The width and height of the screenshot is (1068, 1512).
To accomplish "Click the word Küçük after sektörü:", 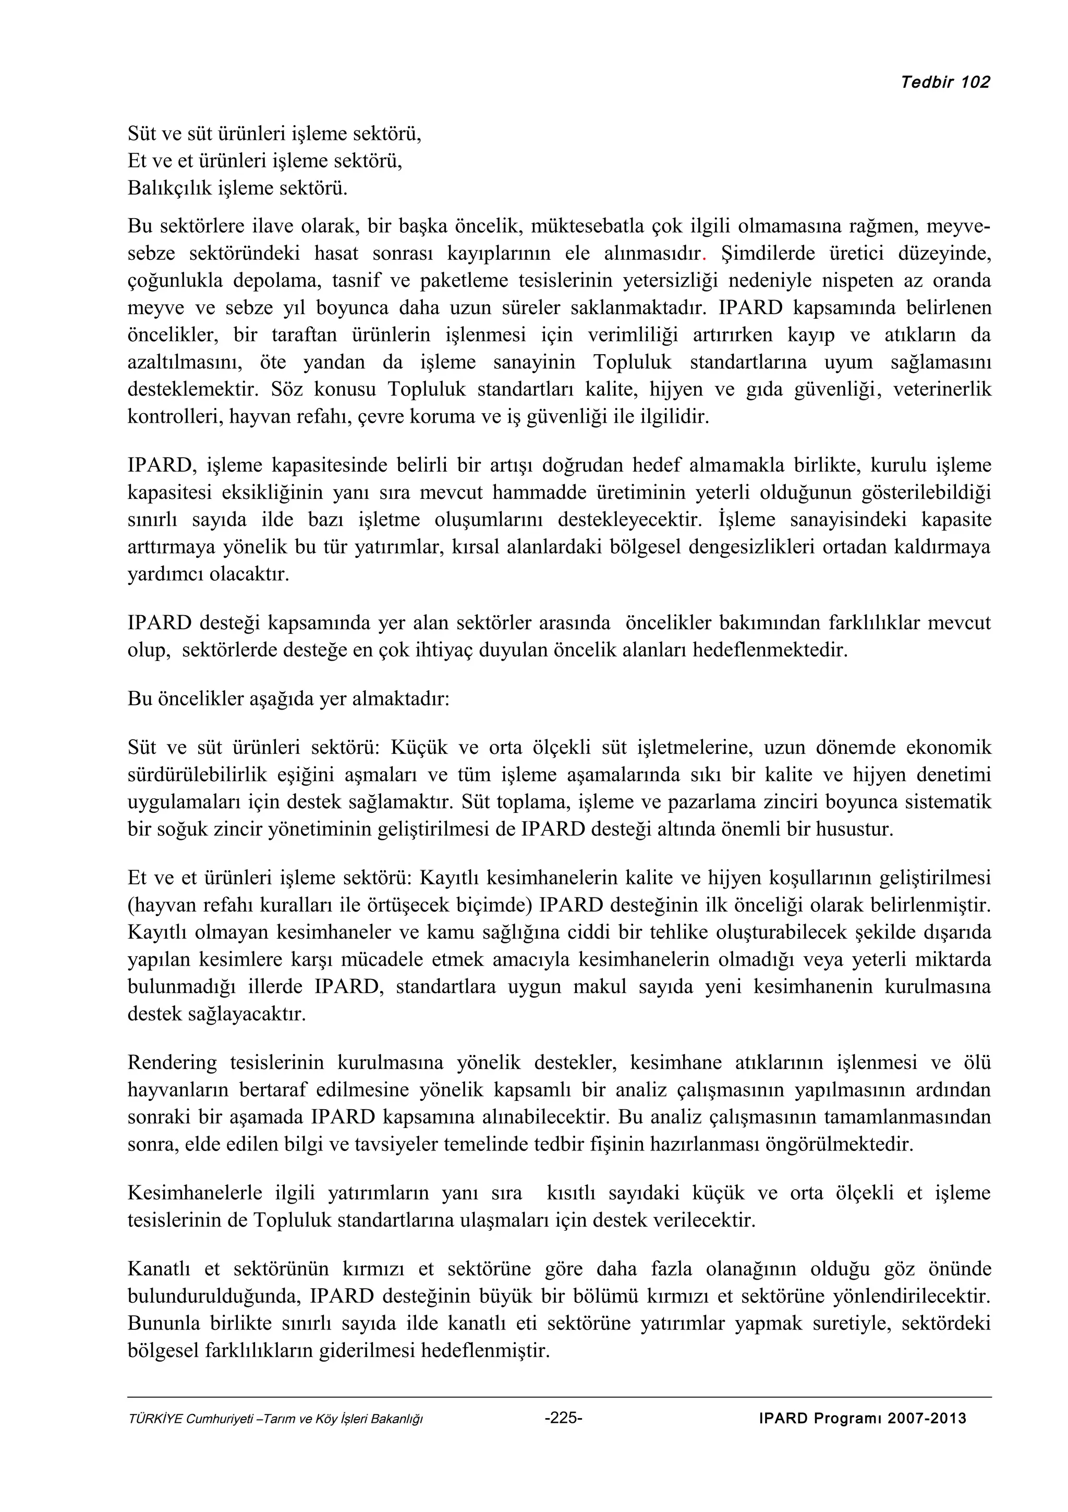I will click(x=419, y=748).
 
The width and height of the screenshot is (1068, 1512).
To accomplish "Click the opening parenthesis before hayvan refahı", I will click(x=130, y=906).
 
